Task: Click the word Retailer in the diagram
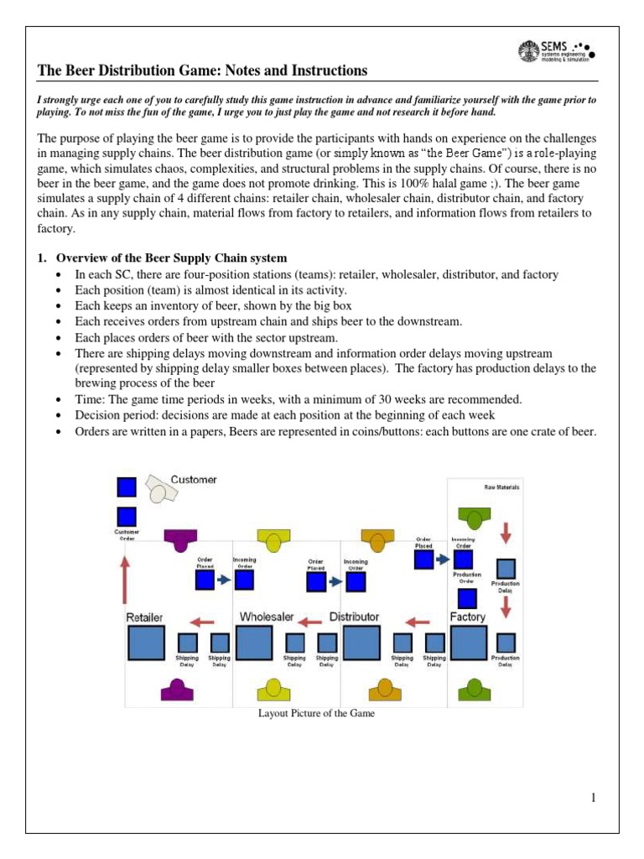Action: [x=144, y=617]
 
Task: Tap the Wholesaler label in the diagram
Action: [x=267, y=617]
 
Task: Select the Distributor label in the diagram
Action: [x=354, y=617]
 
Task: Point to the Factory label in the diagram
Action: [x=467, y=617]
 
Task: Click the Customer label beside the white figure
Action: [x=194, y=480]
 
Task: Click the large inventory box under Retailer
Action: [x=145, y=643]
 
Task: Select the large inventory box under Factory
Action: [x=468, y=643]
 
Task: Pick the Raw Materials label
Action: [x=501, y=487]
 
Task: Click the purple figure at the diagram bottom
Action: [x=177, y=690]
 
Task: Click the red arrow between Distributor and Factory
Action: [x=417, y=622]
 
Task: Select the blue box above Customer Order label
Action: [x=127, y=518]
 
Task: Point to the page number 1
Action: [x=592, y=798]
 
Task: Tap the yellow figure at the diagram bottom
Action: [x=272, y=690]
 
